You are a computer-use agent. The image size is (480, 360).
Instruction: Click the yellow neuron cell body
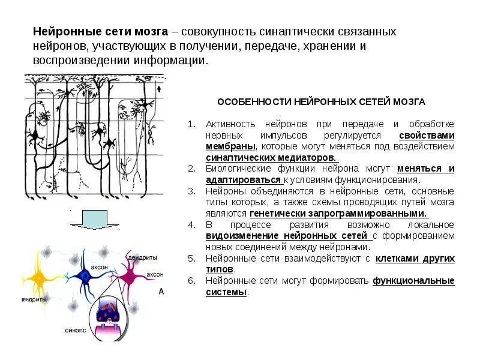[39, 277]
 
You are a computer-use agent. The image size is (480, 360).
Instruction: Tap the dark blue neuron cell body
[85, 277]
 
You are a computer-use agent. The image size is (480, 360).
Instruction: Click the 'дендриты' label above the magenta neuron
[143, 257]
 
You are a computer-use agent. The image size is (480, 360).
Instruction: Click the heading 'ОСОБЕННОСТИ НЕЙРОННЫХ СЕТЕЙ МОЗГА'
[321, 102]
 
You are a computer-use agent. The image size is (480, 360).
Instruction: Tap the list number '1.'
[192, 124]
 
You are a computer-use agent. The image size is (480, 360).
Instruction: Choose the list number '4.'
[192, 225]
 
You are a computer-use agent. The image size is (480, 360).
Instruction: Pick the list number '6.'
[192, 281]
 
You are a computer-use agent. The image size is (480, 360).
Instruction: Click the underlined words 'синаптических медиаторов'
[271, 157]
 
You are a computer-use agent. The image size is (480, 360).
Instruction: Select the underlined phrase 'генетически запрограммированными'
[338, 214]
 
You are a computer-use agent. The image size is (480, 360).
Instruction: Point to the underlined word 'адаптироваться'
[243, 180]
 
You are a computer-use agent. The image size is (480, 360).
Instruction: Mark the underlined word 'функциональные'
[413, 281]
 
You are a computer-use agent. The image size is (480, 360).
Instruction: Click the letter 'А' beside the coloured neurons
[161, 292]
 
